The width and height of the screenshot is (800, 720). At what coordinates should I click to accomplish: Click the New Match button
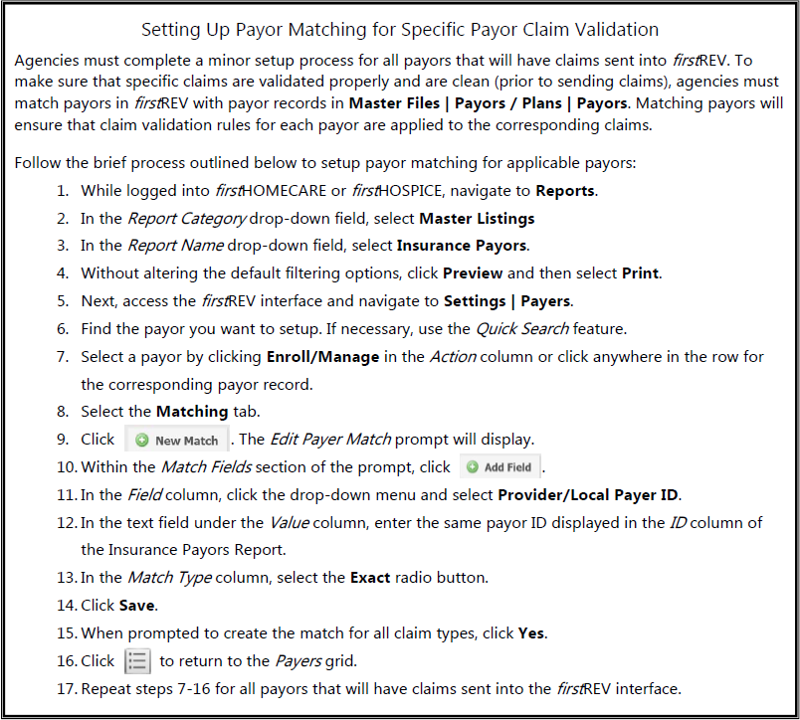pos(177,440)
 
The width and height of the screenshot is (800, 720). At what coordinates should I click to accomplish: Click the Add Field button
pos(500,466)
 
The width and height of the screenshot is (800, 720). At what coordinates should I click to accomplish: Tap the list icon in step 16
pos(137,661)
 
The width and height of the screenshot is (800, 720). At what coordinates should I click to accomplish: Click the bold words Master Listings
pos(477,218)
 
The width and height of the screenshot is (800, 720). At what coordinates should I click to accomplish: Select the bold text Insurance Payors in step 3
pos(463,246)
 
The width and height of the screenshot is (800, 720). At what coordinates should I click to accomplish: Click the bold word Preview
pos(473,272)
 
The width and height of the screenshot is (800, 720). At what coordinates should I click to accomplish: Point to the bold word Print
pos(642,272)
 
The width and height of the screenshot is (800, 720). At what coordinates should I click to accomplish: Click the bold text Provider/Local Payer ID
pos(588,494)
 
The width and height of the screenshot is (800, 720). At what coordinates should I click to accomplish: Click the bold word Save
pos(138,605)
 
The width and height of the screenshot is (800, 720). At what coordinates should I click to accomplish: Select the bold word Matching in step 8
pos(193,412)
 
